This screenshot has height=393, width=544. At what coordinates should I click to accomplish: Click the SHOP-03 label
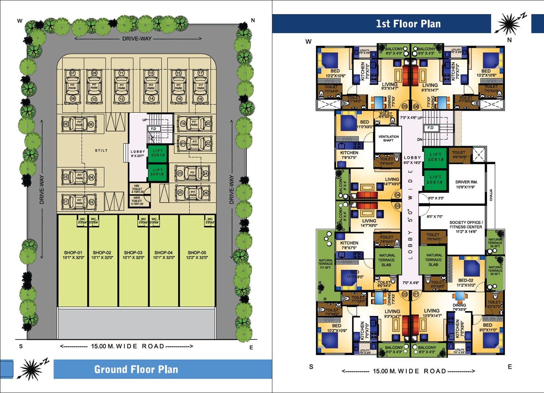(133, 253)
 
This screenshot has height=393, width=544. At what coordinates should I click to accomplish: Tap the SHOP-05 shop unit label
(197, 253)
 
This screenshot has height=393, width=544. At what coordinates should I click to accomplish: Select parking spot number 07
(72, 73)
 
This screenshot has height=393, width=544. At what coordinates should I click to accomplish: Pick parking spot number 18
(201, 99)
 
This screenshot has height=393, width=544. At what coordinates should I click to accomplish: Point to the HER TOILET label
(137, 200)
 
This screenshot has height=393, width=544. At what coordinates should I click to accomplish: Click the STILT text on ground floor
(101, 151)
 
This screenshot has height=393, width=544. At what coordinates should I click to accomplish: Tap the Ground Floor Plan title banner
(136, 369)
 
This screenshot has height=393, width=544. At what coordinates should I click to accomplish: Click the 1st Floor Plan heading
(408, 24)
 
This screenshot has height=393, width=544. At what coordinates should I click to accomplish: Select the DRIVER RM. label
(466, 182)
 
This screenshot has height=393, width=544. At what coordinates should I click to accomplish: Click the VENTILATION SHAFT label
(388, 138)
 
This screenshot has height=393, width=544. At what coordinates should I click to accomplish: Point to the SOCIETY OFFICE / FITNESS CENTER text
(466, 225)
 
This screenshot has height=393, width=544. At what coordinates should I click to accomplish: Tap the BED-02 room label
(466, 280)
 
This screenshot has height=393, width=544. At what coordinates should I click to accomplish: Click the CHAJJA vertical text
(491, 195)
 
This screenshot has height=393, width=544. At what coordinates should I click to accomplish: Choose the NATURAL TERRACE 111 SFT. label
(325, 264)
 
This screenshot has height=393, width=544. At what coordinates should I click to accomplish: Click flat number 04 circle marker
(397, 195)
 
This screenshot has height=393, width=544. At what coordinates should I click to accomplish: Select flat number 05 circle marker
(404, 106)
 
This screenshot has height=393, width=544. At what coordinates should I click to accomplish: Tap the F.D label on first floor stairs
(430, 128)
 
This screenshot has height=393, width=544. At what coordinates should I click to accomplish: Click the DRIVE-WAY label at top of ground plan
(137, 39)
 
